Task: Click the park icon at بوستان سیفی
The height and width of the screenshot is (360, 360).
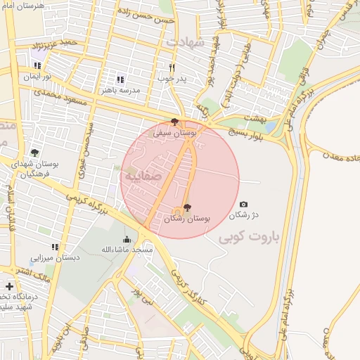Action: coord(175,122)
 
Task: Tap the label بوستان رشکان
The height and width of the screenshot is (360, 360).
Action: coord(187,219)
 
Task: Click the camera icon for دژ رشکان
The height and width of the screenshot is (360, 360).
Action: coord(244,204)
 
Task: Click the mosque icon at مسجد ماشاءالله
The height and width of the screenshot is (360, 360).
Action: coord(127,240)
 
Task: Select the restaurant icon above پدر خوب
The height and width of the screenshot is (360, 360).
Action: coord(172,68)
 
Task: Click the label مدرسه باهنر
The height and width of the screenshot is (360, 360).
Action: coord(122,90)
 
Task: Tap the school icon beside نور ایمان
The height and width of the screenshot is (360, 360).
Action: coord(36,66)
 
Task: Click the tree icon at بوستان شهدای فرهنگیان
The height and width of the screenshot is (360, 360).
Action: coord(34,152)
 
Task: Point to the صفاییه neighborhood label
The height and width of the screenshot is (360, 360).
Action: coord(143,176)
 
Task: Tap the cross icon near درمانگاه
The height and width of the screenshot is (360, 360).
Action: coord(8,286)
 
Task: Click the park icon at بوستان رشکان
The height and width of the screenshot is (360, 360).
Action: coord(186,208)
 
